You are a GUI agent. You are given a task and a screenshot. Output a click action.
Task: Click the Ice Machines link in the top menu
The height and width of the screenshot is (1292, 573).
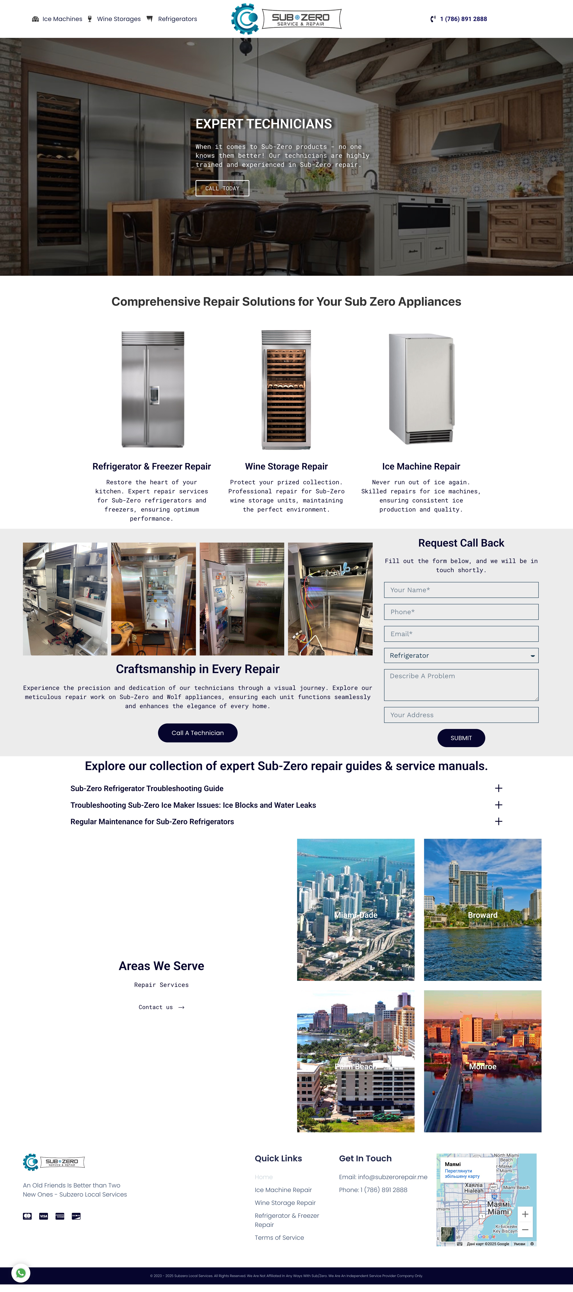[62, 19]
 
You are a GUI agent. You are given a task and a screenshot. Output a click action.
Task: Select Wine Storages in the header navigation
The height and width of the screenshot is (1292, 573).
[118, 19]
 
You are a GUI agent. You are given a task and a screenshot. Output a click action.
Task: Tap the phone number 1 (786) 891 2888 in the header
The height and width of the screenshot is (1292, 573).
[463, 19]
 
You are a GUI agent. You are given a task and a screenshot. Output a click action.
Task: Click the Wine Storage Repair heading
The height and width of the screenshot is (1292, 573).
[286, 466]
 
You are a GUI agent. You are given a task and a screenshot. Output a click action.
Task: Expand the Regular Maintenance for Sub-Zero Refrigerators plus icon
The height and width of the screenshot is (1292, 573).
[498, 822]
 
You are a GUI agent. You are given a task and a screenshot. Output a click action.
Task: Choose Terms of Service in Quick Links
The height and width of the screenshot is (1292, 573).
[279, 1238]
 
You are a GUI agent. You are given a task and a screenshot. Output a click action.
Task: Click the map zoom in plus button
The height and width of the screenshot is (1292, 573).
[525, 1214]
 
